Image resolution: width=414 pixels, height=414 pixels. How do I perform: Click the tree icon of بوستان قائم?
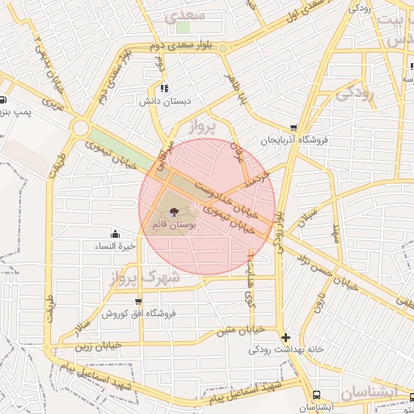tap(174, 211)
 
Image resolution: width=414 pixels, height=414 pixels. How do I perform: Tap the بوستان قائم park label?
tap(174, 224)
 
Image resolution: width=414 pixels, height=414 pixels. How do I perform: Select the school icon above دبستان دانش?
tap(164, 88)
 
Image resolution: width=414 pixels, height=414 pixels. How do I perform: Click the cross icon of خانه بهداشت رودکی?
tap(285, 336)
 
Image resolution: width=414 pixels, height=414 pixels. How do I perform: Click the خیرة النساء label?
tap(114, 246)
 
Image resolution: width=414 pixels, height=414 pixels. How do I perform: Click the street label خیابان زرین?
tap(98, 345)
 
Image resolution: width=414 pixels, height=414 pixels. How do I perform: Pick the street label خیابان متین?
tap(242, 330)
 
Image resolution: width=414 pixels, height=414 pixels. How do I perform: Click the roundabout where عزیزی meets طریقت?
tap(79, 127)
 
